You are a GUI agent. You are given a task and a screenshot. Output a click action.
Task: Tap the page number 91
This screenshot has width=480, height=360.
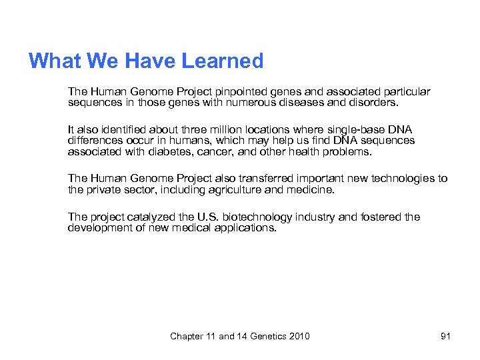pos(445,336)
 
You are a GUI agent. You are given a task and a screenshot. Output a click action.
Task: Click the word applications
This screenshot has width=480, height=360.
pos(242,228)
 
